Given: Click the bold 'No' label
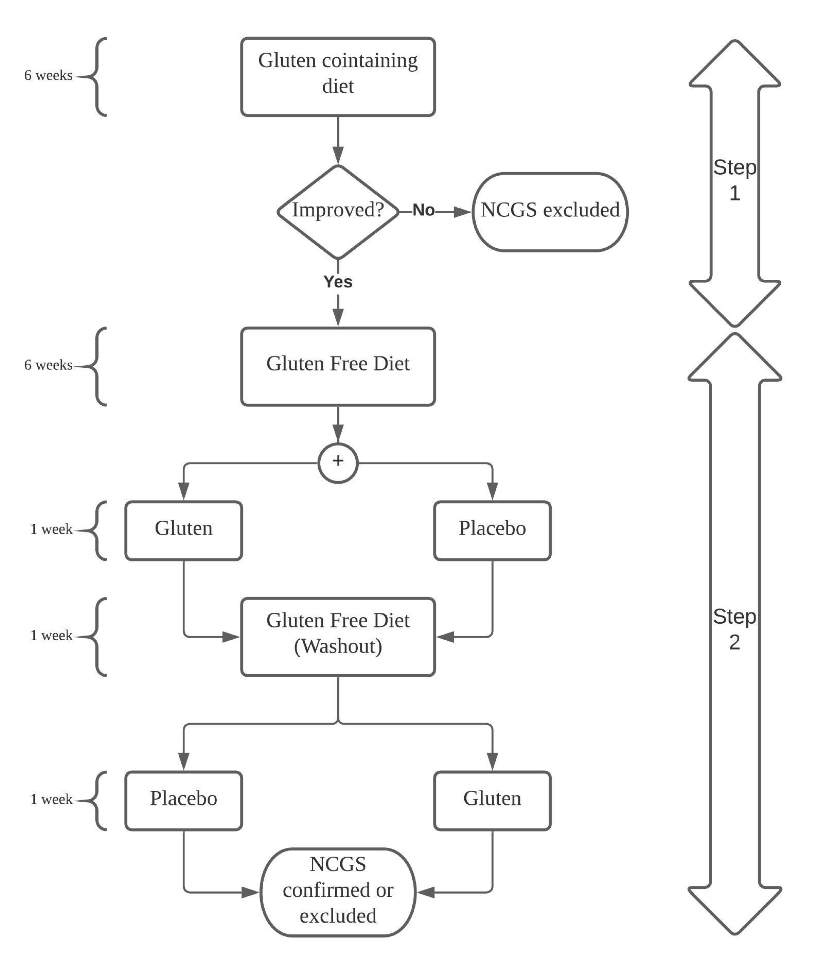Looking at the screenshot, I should tap(423, 211).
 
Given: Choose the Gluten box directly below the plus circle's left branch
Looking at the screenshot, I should tap(183, 530).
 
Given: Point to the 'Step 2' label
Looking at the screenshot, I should tap(734, 629).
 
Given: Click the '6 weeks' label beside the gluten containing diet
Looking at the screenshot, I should tap(48, 76).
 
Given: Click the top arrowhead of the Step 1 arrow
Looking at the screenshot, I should tap(734, 63).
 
